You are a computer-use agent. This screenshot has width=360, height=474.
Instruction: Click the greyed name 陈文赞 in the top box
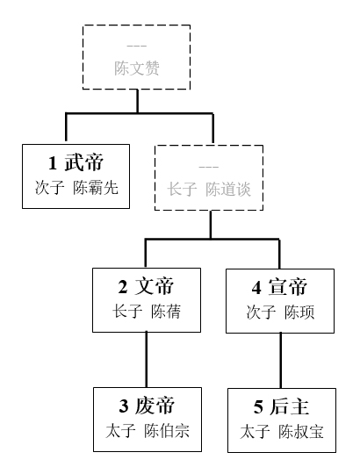(137, 68)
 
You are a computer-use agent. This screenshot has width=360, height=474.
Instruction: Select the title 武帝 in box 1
(84, 162)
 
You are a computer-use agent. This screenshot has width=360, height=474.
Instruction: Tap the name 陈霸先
(96, 188)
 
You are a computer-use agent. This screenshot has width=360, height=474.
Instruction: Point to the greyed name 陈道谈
(228, 190)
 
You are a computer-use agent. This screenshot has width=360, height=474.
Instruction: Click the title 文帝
(155, 286)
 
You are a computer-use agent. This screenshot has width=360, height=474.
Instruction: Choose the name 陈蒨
(166, 312)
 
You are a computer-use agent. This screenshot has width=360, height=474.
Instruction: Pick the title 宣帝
(288, 287)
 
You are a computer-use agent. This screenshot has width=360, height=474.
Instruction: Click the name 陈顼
(299, 312)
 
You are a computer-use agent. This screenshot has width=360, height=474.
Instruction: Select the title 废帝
(155, 406)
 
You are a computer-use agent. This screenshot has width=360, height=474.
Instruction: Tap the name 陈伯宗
(167, 431)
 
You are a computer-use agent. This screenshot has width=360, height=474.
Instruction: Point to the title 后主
(289, 406)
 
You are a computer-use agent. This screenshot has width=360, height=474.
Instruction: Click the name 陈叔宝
(301, 432)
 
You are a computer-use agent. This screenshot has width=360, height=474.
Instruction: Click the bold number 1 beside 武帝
(53, 163)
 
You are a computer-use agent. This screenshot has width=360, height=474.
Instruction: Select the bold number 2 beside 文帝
(123, 286)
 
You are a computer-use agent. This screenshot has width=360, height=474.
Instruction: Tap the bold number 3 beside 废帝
(124, 406)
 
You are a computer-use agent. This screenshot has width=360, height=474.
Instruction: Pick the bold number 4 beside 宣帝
(256, 288)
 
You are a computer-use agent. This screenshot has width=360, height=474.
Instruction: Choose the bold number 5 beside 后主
(258, 407)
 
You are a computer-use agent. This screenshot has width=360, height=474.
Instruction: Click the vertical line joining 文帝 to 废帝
(147, 360)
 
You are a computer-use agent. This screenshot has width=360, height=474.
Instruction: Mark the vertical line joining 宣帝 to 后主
(281, 361)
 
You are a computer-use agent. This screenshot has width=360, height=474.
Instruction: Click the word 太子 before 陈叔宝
(255, 432)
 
